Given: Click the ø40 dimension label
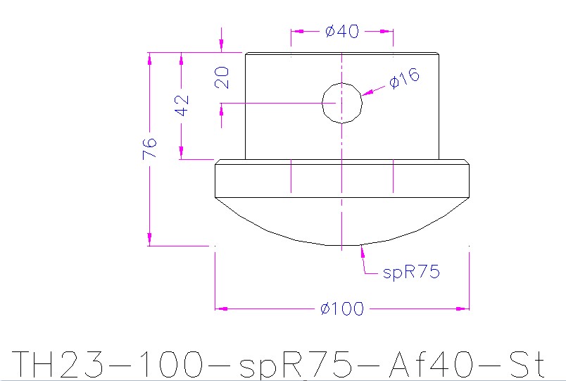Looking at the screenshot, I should coord(342,32).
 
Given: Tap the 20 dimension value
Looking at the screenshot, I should coord(222,77).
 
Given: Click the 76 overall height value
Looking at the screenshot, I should coord(149,149).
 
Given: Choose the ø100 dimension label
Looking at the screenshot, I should coord(341,308).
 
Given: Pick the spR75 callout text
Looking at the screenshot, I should coord(411,272).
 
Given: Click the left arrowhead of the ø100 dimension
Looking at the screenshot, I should coord(220,308).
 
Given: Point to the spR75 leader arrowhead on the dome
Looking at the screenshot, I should coord(362,248).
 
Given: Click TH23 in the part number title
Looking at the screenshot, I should coord(59,365).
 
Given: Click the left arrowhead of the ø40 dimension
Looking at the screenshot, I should coord(296,32).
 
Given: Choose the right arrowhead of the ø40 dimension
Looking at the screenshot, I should coord(388,32).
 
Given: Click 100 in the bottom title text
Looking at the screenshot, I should coord(172,365).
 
